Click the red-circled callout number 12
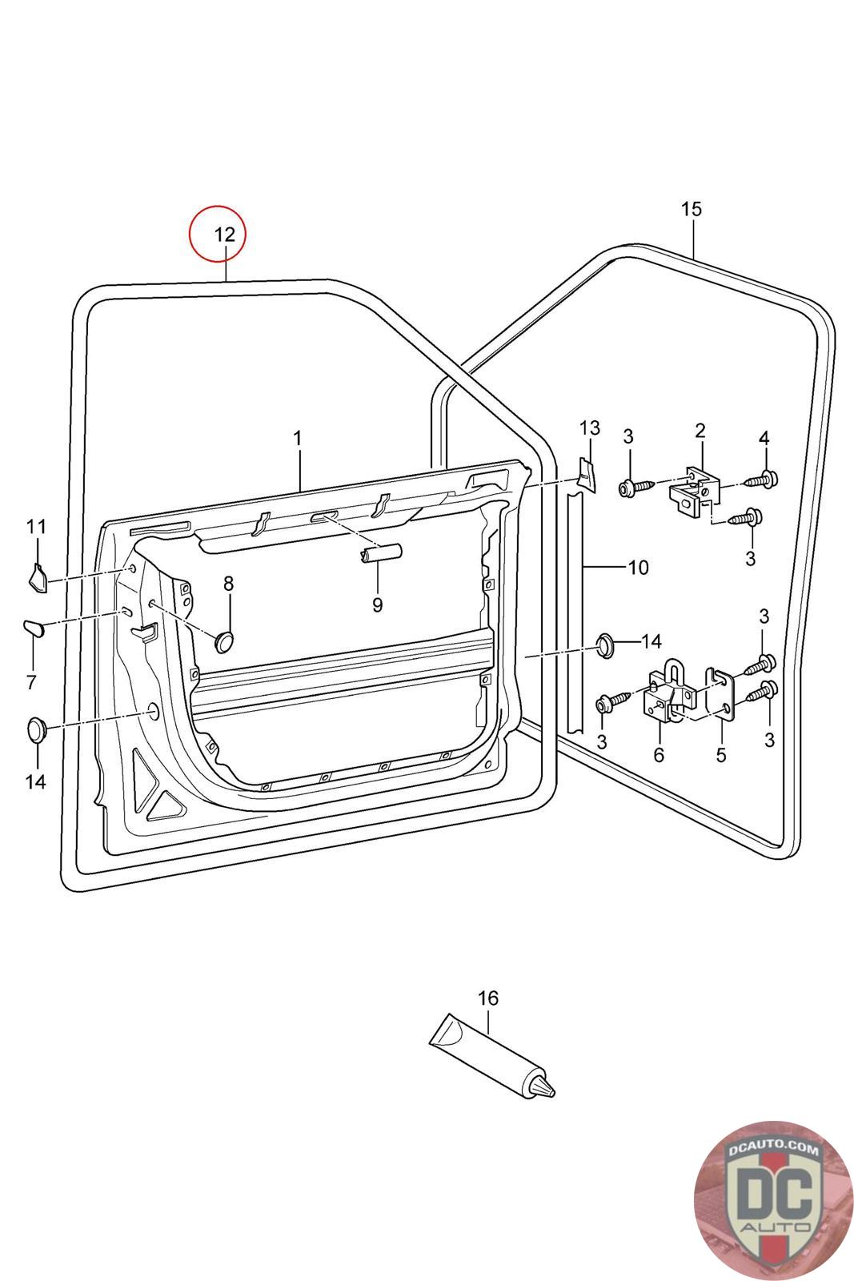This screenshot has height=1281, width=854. coord(225,234)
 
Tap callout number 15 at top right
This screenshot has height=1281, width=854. coord(691,209)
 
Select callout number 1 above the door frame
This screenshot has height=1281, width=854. coord(297,438)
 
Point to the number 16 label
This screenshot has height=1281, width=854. coord(487,998)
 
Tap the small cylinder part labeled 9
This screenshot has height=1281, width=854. coord(380,554)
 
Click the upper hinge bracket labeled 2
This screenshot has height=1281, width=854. coord(694,490)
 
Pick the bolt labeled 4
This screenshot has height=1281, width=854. coord(764,480)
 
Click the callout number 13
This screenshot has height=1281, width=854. coord(589,428)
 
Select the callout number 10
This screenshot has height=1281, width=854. coord(638,568)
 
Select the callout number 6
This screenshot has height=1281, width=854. coord(659,754)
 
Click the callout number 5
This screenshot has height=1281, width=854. coord(720,754)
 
